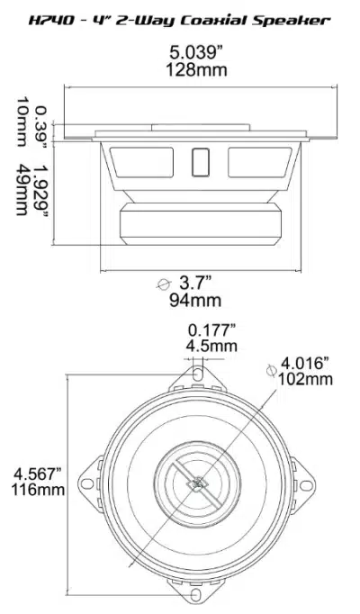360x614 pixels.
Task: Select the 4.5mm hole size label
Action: (212, 346)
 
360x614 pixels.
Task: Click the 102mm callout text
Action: (307, 379)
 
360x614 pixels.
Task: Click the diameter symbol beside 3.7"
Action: (163, 284)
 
